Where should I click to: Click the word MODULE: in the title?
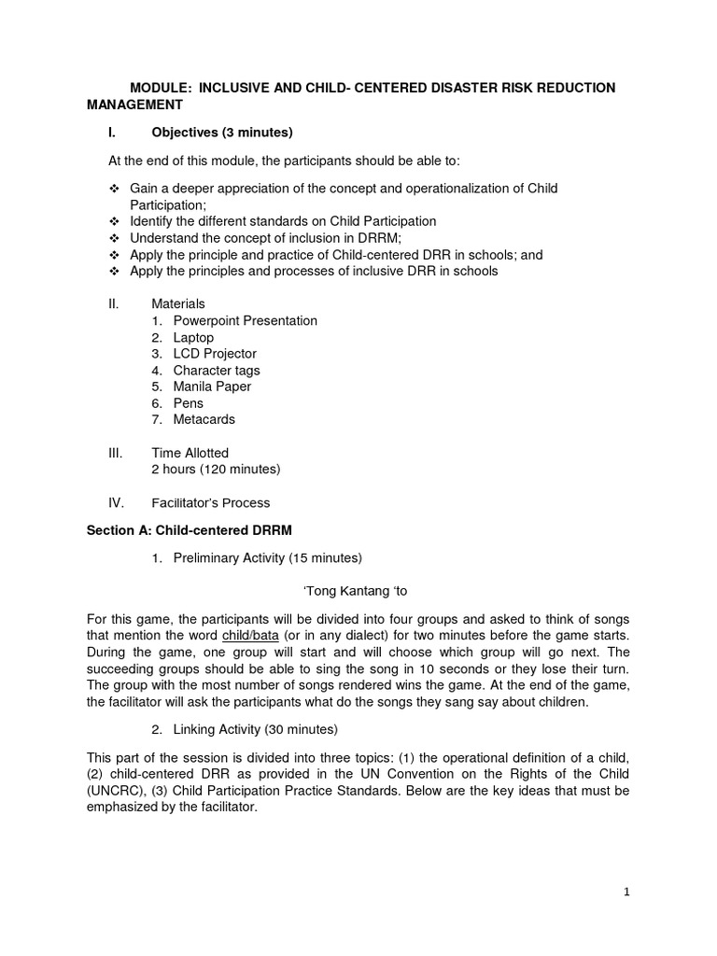pos(161,88)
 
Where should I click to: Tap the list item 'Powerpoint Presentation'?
pos(245,320)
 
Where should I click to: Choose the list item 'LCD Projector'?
pos(215,354)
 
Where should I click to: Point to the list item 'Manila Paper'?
pos(212,387)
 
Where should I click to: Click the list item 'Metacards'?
pos(204,419)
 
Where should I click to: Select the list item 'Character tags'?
pos(217,371)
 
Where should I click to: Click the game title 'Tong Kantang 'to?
pos(357,590)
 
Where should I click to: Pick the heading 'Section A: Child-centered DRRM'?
pos(190,530)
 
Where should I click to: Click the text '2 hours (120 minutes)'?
pos(216,469)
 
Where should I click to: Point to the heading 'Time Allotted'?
pos(190,453)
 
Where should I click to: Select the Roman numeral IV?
pos(117,502)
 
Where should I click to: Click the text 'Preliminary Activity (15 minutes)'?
pos(267,558)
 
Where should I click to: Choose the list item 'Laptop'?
pos(193,337)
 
